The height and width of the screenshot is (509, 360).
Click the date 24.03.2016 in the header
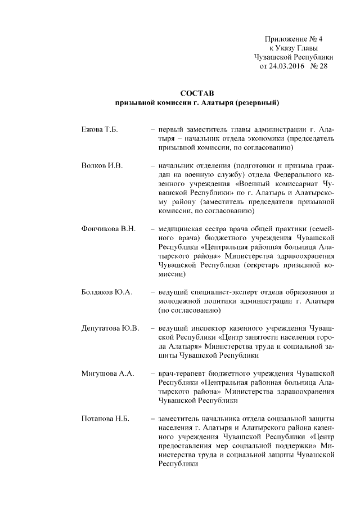285,66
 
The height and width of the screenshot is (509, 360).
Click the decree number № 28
318,66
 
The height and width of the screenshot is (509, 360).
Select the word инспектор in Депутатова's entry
210,328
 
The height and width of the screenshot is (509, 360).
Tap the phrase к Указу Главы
294,48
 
